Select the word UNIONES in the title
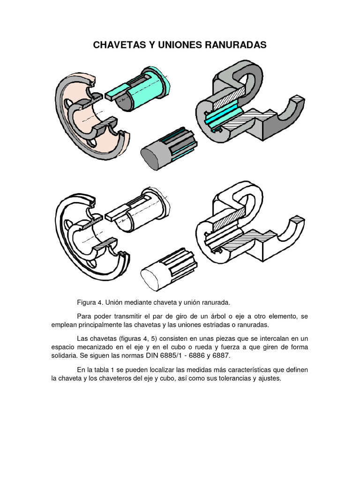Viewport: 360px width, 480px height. tap(180, 45)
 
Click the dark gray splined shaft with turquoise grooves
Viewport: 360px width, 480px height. tap(166, 150)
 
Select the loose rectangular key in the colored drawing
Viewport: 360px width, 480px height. tap(121, 92)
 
